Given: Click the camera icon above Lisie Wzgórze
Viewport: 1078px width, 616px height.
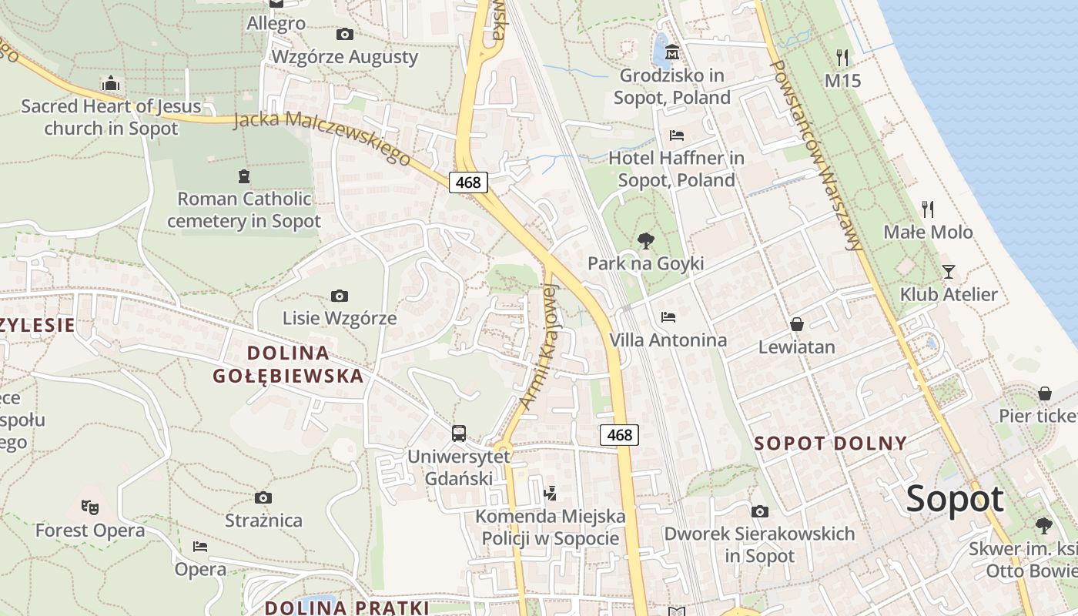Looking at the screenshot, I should [x=339, y=296].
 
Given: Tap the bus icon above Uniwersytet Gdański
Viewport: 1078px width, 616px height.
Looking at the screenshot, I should [x=458, y=433].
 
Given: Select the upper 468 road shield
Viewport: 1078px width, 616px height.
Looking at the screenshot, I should [x=468, y=182].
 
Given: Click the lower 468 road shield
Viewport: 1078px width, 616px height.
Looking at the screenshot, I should [x=619, y=435].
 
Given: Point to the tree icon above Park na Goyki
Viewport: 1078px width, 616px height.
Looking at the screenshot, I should [x=645, y=242].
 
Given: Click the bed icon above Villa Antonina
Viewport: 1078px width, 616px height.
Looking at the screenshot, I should [x=668, y=316].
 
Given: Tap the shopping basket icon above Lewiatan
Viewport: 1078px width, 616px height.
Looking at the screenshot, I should [x=796, y=324].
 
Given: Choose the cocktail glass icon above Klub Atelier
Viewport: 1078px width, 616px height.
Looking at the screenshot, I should [x=948, y=271].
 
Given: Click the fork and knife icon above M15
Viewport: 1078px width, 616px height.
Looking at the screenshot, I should [x=842, y=57].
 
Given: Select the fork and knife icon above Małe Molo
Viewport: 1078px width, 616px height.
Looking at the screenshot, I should [x=928, y=209].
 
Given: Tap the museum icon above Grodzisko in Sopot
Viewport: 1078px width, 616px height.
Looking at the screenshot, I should [x=672, y=52].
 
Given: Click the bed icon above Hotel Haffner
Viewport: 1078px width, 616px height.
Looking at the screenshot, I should [x=676, y=136].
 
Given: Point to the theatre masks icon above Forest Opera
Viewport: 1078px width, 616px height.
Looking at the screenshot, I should [x=90, y=507].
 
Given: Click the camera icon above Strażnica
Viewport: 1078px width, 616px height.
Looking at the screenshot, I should [x=263, y=497].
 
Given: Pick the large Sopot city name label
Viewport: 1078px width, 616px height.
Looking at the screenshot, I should [x=955, y=499].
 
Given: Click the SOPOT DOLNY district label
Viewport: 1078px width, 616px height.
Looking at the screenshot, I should [x=830, y=444].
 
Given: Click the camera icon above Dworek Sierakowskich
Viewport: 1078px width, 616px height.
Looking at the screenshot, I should [x=759, y=511].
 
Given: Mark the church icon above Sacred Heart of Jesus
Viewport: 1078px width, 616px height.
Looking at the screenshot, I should [x=111, y=83].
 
